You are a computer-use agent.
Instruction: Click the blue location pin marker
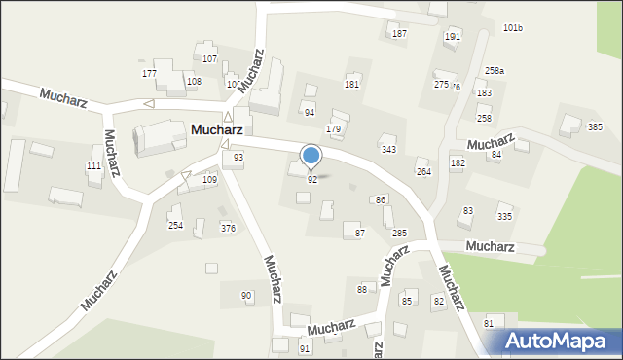point(311,156)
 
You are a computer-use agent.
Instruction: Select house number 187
point(399,34)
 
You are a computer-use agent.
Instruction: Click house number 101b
point(513,28)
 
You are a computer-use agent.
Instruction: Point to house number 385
point(595,127)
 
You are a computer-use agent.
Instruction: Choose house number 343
point(388,150)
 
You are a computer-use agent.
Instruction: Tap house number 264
point(423,172)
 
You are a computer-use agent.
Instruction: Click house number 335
point(504,217)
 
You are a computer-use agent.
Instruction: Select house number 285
point(399,234)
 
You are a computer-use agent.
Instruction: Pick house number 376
point(228,229)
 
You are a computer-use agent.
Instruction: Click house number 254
point(175,226)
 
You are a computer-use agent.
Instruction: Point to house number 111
point(93,167)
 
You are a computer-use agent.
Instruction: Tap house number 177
point(149,74)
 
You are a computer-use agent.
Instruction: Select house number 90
point(246,296)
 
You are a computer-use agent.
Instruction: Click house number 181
point(351,86)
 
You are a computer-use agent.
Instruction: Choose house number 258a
point(495,71)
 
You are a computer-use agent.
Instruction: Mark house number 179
point(333,129)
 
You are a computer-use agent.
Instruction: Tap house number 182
point(458,162)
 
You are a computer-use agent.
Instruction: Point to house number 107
point(209,60)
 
